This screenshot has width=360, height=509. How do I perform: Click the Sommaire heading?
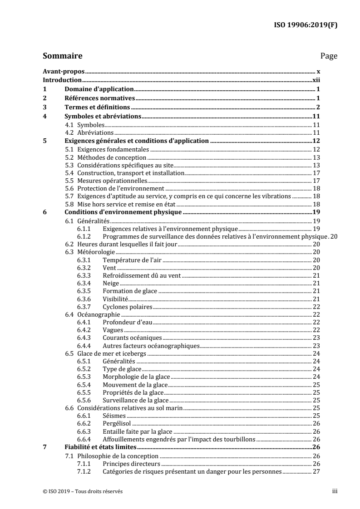tap(62, 56)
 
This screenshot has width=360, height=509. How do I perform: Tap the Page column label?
tap(329, 56)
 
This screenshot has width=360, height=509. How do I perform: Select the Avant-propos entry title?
tap(64, 72)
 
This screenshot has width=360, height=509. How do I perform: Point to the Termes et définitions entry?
tap(98, 107)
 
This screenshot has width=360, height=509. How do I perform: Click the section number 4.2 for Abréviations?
tap(69, 132)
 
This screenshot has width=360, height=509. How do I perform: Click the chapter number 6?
tap(44, 212)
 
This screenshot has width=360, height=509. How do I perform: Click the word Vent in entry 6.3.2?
tap(109, 268)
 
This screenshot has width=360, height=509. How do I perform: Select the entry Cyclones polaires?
tap(128, 307)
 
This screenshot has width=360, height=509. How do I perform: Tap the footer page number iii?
tap(335, 491)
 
